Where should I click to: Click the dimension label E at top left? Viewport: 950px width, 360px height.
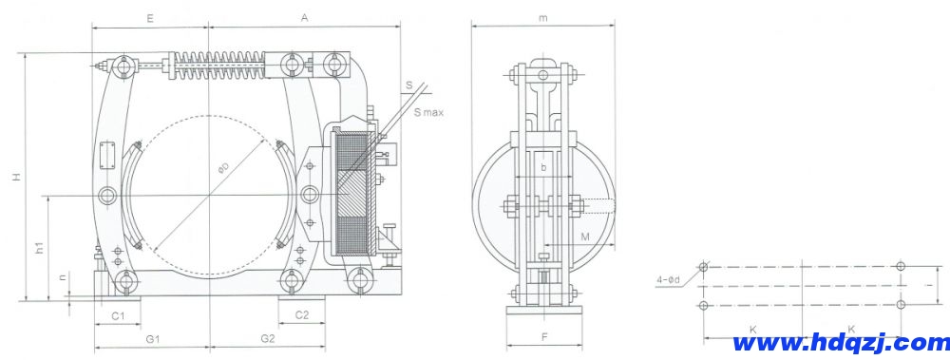click(x=150, y=17)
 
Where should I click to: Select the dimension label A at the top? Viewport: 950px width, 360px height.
click(x=304, y=17)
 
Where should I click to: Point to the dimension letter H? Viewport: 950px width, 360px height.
click(x=16, y=178)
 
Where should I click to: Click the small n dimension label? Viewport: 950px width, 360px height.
click(x=63, y=277)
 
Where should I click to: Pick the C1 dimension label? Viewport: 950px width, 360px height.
click(x=118, y=313)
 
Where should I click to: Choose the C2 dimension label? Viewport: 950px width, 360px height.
click(x=301, y=313)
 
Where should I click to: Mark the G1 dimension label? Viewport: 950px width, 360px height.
click(x=151, y=337)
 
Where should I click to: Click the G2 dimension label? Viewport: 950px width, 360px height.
click(x=267, y=337)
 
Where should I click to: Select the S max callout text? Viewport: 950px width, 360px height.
click(x=428, y=112)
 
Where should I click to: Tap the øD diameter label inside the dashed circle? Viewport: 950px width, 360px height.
click(x=222, y=169)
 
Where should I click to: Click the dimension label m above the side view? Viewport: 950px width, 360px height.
click(x=541, y=17)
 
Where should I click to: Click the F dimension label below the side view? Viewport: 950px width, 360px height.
click(x=543, y=337)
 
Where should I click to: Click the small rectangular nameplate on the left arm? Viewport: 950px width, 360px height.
click(x=106, y=154)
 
